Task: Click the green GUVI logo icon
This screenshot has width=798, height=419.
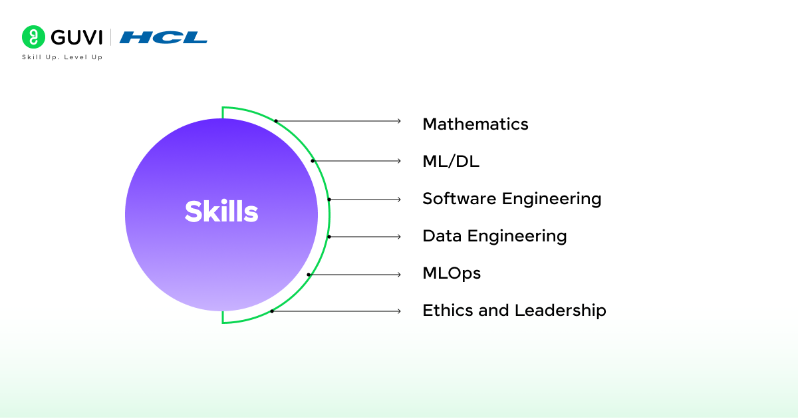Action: pyautogui.click(x=33, y=37)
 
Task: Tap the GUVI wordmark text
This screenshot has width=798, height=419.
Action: pyautogui.click(x=76, y=37)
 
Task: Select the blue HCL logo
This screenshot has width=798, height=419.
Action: pyautogui.click(x=163, y=37)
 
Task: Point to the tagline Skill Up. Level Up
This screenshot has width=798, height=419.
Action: pyautogui.click(x=63, y=57)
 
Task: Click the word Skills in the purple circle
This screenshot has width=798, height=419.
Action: pyautogui.click(x=221, y=211)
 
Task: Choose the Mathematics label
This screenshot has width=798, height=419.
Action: pyautogui.click(x=475, y=124)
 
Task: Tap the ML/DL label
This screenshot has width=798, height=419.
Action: pyautogui.click(x=451, y=162)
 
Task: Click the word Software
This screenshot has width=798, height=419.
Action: pyautogui.click(x=460, y=198)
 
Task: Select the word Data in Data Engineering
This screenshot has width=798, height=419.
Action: pyautogui.click(x=442, y=236)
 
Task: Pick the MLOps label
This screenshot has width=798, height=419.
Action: pyautogui.click(x=452, y=273)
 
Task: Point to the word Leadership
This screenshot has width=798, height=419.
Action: pyautogui.click(x=561, y=311)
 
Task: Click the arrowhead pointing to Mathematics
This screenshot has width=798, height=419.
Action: pyautogui.click(x=399, y=121)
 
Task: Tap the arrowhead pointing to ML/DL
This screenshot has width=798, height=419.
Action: pyautogui.click(x=399, y=161)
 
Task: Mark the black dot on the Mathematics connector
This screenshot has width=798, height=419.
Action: pyautogui.click(x=276, y=121)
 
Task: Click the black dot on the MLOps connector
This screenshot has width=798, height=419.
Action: pyautogui.click(x=309, y=275)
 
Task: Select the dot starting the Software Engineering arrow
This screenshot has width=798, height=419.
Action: pyautogui.click(x=329, y=200)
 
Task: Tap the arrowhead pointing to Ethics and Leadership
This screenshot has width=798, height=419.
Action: pyautogui.click(x=399, y=311)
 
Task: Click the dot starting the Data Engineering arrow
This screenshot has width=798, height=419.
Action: pyautogui.click(x=329, y=237)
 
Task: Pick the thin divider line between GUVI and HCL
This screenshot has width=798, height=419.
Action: pyautogui.click(x=110, y=37)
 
